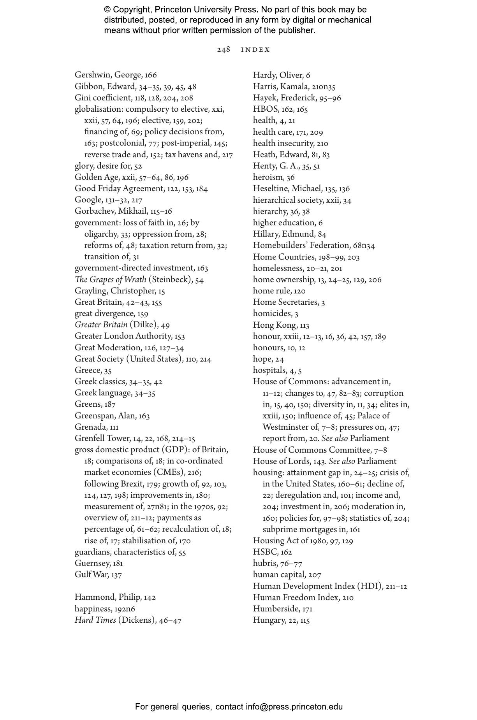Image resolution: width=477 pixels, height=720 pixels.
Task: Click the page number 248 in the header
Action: tap(224, 49)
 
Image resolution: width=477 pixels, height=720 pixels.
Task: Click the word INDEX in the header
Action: tap(255, 50)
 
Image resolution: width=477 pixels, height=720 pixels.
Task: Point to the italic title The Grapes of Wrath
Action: tap(111, 279)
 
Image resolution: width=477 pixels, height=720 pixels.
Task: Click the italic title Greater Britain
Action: tap(101, 325)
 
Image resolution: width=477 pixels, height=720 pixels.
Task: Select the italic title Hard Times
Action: tap(95, 620)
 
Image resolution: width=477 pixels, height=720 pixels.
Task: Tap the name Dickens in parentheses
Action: tap(136, 620)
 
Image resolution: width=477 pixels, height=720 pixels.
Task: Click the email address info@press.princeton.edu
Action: tap(294, 707)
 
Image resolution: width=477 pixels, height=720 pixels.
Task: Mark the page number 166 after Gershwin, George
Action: tap(151, 75)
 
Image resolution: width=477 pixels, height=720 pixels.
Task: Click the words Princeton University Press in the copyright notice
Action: tap(206, 10)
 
